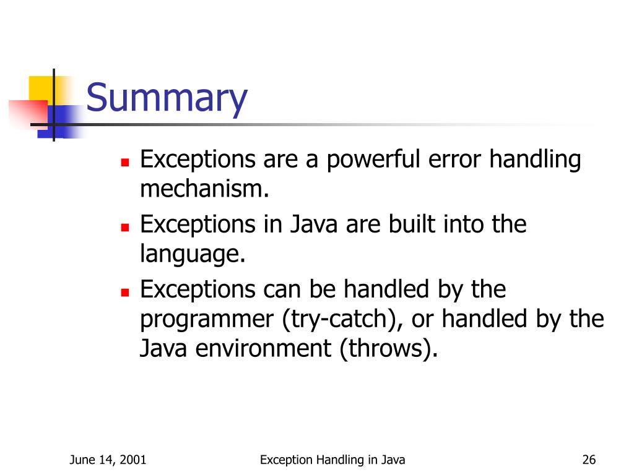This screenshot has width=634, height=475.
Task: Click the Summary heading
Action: tap(167, 99)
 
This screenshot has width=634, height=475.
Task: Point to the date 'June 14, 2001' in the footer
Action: tap(108, 460)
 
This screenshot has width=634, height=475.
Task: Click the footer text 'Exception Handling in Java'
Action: tap(332, 460)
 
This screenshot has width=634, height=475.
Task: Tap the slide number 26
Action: tap(589, 460)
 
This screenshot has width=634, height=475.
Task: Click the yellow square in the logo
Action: tap(40, 87)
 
